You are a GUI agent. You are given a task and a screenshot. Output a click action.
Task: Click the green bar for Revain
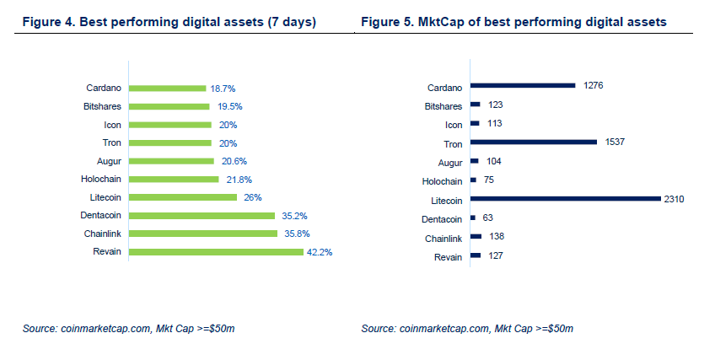216,251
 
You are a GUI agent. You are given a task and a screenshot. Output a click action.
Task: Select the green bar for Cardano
167,88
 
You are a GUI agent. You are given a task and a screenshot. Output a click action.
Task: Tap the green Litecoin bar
183,197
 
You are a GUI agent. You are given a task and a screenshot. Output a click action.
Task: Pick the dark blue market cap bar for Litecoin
566,199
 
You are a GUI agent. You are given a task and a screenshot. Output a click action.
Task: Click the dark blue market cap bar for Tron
534,142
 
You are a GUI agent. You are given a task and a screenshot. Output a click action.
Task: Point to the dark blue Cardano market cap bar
523,85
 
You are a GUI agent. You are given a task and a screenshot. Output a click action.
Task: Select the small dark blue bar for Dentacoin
473,218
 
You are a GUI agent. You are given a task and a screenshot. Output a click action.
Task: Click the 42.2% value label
320,251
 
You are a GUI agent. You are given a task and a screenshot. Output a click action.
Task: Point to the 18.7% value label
223,88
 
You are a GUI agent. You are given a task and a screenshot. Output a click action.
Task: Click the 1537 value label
616,142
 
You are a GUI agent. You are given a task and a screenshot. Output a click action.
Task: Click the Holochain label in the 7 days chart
104,179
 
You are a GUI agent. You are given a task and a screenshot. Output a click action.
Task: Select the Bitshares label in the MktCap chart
444,105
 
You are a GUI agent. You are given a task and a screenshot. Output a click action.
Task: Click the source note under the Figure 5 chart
467,327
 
